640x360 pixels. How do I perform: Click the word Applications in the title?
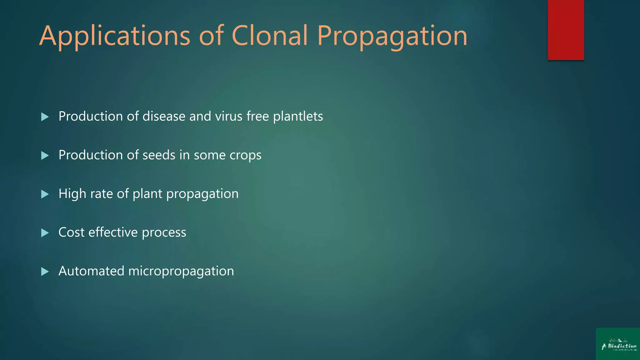[x=115, y=36]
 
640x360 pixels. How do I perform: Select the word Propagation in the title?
[x=392, y=36]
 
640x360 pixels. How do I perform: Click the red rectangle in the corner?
[x=566, y=30]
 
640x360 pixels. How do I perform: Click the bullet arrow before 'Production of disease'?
[x=45, y=117]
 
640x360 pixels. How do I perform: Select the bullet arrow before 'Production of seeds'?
[x=45, y=156]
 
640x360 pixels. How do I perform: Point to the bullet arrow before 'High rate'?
[x=45, y=194]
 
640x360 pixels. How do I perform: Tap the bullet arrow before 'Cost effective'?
[x=45, y=233]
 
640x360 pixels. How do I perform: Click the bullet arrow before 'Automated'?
[x=45, y=272]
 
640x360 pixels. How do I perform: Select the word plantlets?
[x=298, y=116]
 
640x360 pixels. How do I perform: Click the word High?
[x=72, y=194]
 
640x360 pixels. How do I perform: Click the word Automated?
[x=91, y=271]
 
